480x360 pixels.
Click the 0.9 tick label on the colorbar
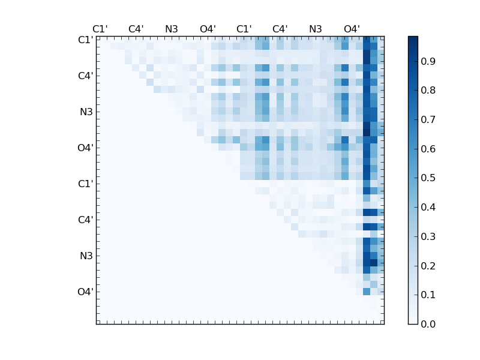coord(428,62)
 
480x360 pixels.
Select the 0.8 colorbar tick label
coord(428,91)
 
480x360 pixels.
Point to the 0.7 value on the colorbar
coord(428,120)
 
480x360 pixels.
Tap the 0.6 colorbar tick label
coord(428,149)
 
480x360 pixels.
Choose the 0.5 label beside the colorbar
coord(428,178)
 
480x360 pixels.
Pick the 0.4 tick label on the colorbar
coord(428,207)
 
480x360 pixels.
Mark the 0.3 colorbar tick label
coord(428,236)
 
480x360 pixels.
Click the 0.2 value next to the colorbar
coord(428,266)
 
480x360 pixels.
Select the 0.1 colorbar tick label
coord(428,295)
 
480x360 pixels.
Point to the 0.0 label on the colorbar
coord(428,324)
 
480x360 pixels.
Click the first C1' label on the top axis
coord(100,29)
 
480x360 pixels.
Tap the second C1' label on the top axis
coord(244,29)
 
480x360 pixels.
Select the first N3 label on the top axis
coord(172,29)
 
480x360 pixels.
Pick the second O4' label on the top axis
coord(352,29)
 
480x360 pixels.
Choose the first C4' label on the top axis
coord(136,29)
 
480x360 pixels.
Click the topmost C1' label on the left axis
coord(85,40)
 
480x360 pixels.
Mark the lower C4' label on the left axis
coord(85,220)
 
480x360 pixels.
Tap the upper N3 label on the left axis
coord(86,112)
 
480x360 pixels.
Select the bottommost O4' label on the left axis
coord(85,292)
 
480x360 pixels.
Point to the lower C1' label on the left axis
coord(85,184)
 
